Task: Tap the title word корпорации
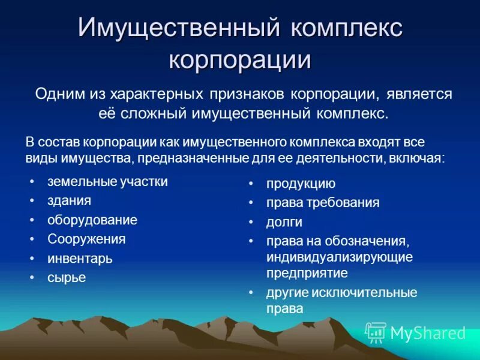(240, 61)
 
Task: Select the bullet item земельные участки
(107, 181)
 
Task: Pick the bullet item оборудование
(92, 220)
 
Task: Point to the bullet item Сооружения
(86, 239)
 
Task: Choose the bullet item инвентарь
(80, 259)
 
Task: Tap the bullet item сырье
(67, 277)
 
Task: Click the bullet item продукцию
(301, 184)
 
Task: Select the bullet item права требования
(323, 202)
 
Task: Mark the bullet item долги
(284, 222)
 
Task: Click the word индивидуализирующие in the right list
(340, 257)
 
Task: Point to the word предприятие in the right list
(307, 273)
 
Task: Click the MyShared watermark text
(428, 333)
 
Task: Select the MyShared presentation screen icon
(376, 332)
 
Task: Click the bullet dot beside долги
(253, 223)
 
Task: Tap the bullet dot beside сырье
(33, 278)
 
